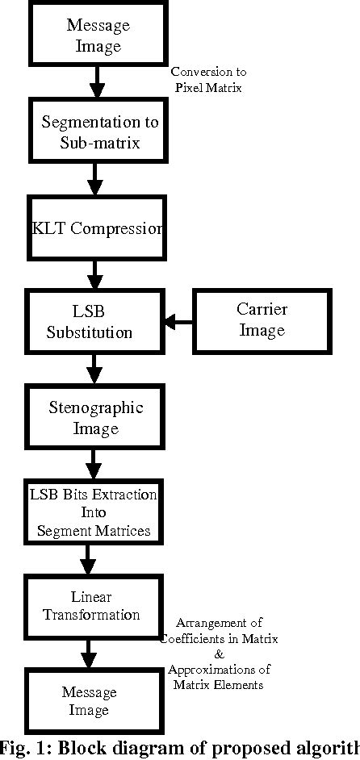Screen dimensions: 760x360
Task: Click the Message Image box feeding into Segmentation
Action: pos(98,35)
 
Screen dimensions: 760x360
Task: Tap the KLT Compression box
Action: pos(97,228)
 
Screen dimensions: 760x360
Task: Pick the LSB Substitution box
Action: pos(95,321)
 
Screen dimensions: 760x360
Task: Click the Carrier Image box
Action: pos(262,320)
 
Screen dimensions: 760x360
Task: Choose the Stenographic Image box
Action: pos(96,417)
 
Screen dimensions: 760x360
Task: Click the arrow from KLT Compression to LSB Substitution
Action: pos(95,274)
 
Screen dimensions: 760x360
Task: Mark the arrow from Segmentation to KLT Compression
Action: pos(95,178)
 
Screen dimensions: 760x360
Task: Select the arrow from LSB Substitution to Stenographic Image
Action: pos(95,369)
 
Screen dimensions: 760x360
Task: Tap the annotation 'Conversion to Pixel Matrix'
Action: pos(208,80)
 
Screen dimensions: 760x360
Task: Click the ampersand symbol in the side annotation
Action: pos(219,654)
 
